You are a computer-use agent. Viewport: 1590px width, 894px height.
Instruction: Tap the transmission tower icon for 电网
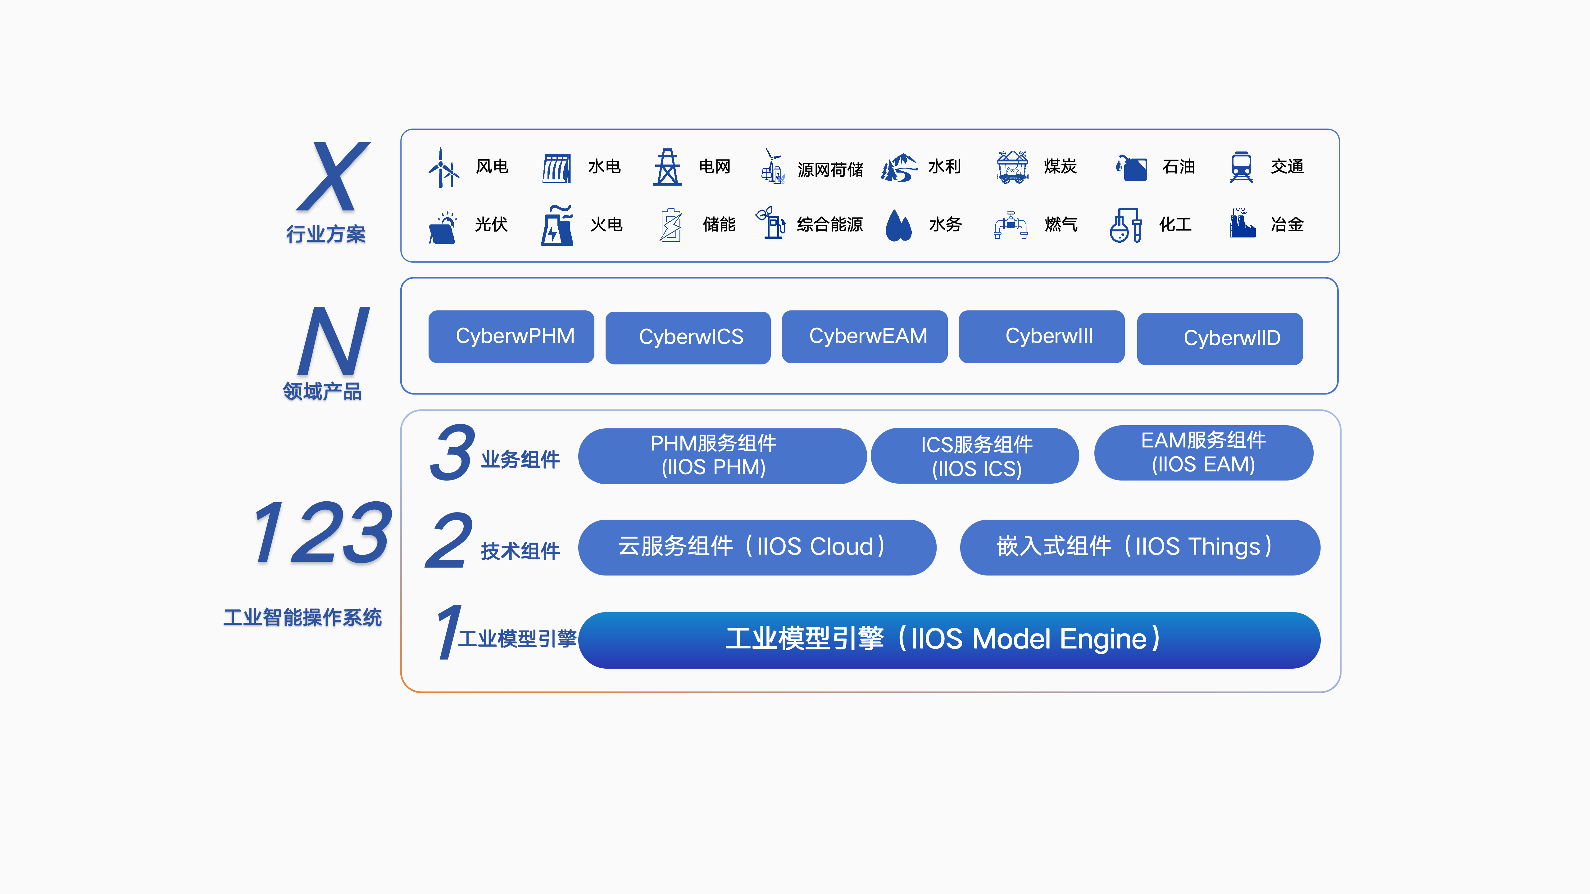coord(667,167)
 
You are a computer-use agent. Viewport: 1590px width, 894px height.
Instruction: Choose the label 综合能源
coord(829,224)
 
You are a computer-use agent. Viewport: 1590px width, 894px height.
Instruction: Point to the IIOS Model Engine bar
coord(949,640)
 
